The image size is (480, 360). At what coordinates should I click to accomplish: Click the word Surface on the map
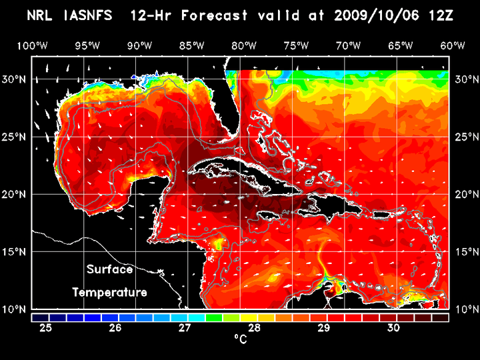coord(109,270)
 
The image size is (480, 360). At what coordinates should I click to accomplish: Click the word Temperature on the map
coord(109,292)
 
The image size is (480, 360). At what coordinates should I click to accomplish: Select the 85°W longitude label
coord(191,45)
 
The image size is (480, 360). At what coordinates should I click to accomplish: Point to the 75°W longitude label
coord(296,45)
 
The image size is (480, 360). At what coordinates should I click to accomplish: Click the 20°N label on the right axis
coord(464,194)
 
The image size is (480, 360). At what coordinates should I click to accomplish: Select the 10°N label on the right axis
coord(464,309)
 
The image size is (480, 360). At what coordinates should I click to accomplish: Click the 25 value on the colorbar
coord(47,328)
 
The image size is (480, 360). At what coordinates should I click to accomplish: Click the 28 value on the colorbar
coord(254,328)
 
